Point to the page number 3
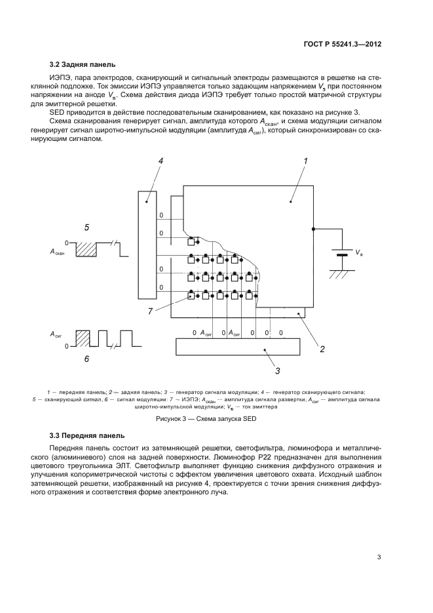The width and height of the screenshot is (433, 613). (379, 557)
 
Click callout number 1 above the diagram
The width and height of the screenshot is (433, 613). (305, 160)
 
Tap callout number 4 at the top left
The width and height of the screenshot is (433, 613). (160, 161)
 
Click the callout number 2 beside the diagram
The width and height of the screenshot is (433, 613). (322, 348)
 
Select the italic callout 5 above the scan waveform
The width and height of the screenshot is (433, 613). (87, 227)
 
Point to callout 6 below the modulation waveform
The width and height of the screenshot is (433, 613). (86, 359)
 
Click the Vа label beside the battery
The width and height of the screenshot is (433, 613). (359, 252)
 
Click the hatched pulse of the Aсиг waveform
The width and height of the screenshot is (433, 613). (83, 338)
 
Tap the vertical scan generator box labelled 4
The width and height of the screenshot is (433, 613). (147, 244)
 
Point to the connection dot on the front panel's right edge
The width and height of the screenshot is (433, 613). (313, 229)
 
